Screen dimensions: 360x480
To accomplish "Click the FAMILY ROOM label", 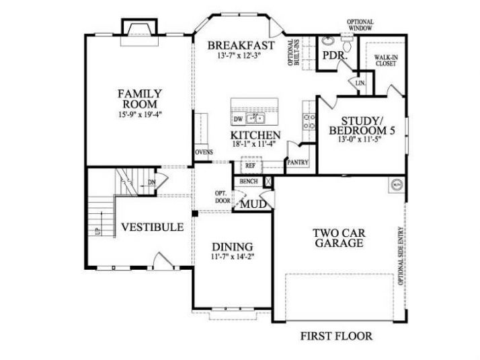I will coord(140,99).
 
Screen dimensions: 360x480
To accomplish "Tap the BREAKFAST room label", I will coord(241,45).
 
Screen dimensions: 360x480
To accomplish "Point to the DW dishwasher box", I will coord(237,120).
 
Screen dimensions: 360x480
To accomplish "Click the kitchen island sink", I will coord(256,120).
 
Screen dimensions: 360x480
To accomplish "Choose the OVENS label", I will coord(204,152).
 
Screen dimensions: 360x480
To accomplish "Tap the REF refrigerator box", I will coord(250,165).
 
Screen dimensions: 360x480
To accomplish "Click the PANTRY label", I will coord(297,162).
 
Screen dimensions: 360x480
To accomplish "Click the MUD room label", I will coord(253,203).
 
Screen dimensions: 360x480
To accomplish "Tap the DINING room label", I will coord(233,246).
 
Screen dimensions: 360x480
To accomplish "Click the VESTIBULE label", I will coord(152,227).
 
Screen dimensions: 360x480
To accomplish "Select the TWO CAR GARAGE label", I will coord(339,238).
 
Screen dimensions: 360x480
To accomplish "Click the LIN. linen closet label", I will coord(360,83).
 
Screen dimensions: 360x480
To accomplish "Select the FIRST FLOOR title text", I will coord(336,335).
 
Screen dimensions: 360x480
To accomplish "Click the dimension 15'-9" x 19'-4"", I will coord(140,115).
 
